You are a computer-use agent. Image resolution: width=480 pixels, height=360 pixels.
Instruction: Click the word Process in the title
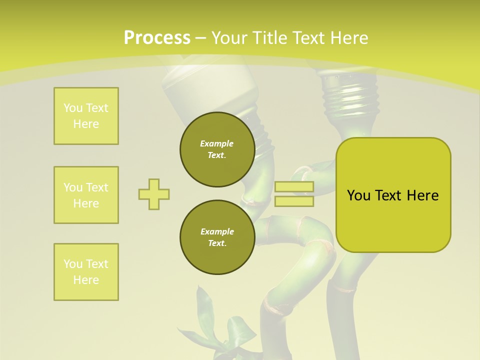point(157,38)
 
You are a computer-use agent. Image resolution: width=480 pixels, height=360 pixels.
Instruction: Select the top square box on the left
point(86,116)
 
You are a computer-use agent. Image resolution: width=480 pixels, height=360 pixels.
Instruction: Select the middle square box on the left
point(86,195)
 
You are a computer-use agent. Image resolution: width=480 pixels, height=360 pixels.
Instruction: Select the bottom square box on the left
point(86,272)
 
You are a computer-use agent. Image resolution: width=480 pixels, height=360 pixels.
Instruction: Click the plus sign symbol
point(154,194)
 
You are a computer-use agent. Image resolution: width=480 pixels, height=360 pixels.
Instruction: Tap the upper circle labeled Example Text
point(217,149)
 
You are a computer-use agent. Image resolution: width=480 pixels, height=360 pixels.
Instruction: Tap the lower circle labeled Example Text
point(217,237)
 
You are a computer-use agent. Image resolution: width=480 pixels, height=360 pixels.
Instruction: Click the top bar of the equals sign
point(294,187)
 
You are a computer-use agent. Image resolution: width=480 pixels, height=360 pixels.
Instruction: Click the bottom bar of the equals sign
point(294,201)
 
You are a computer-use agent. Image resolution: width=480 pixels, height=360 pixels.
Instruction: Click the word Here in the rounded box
point(422,195)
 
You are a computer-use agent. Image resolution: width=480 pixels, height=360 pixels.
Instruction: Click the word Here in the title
point(349,38)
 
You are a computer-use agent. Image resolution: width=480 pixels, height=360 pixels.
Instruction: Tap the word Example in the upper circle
point(217,143)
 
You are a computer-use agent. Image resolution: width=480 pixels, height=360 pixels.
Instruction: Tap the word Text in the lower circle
point(217,243)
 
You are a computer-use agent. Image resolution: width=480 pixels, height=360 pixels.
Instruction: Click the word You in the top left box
point(73,108)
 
